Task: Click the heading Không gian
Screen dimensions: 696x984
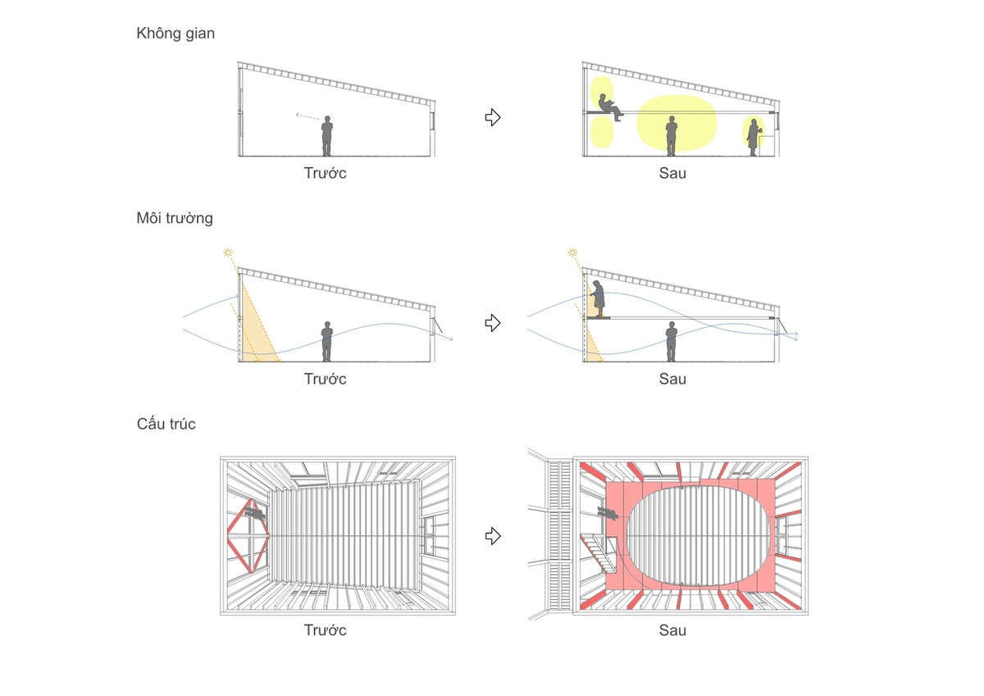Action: (x=175, y=34)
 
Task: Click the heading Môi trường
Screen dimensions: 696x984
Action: (x=175, y=218)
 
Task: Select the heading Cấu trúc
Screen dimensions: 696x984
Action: (x=166, y=424)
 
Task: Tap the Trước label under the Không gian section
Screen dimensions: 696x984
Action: (x=325, y=173)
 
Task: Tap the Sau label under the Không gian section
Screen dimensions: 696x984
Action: (x=672, y=173)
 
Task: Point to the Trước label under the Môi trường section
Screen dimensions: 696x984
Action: (x=325, y=379)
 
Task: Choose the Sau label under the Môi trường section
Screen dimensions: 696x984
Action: (x=672, y=379)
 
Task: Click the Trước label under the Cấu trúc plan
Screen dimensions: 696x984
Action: (x=325, y=630)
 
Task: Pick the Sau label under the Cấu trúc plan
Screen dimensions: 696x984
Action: (x=672, y=630)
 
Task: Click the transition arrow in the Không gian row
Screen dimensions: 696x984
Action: (x=493, y=117)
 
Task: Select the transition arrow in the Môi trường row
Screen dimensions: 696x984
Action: (x=493, y=323)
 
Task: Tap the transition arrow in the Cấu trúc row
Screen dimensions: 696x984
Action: (x=493, y=535)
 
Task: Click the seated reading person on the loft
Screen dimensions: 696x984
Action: (x=608, y=107)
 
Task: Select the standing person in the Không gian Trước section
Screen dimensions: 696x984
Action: (x=327, y=135)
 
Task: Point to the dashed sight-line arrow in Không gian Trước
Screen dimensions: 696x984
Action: (x=307, y=119)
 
